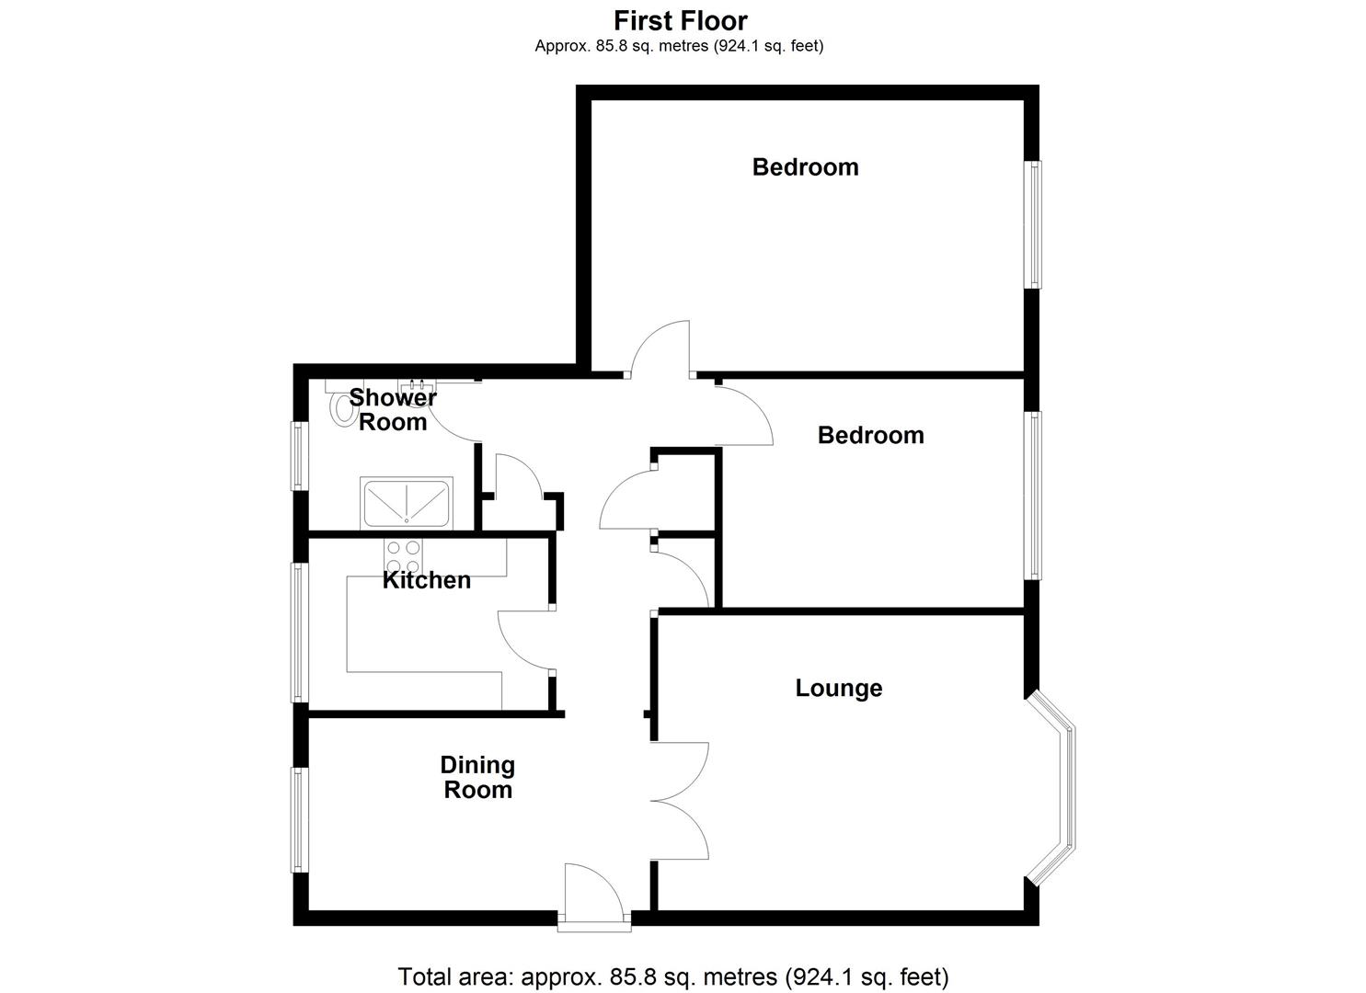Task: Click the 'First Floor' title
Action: coord(681,20)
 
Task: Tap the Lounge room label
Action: coord(838,688)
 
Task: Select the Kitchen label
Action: coord(426,580)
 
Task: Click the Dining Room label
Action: coord(477,777)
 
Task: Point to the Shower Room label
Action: coord(393,410)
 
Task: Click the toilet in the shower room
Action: coord(343,404)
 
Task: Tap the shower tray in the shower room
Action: coord(407,503)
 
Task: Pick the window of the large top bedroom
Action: coord(1034,224)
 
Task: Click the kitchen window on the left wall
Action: coord(299,633)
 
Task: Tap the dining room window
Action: coord(299,819)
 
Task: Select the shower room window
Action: coord(299,454)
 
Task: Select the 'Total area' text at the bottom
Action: coord(672,976)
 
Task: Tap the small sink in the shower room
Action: coord(417,383)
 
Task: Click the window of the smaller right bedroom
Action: coord(1034,495)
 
